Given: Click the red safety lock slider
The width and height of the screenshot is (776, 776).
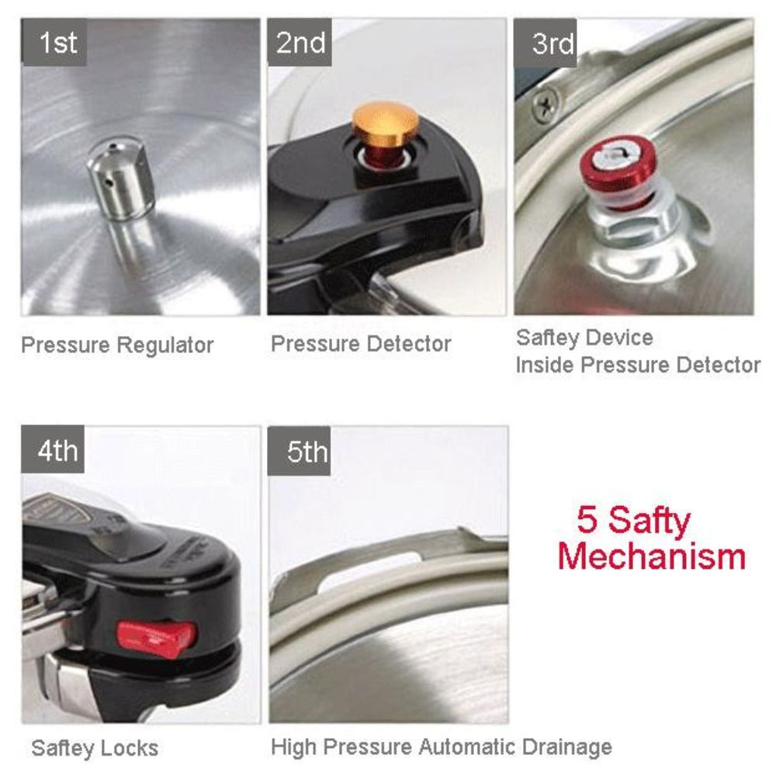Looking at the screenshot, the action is pyautogui.click(x=157, y=639).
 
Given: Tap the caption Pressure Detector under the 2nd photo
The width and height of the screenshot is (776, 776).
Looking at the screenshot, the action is pyautogui.click(x=361, y=344).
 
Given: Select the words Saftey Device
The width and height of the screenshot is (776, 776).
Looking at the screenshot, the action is pyautogui.click(x=584, y=338).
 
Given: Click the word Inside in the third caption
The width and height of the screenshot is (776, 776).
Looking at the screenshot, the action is pyautogui.click(x=545, y=365).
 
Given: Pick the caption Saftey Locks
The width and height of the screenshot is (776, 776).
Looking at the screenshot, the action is pyautogui.click(x=95, y=748).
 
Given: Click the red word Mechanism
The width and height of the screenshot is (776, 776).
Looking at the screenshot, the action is pyautogui.click(x=652, y=556).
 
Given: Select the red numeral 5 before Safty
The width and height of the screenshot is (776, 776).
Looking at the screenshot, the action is pyautogui.click(x=587, y=520).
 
